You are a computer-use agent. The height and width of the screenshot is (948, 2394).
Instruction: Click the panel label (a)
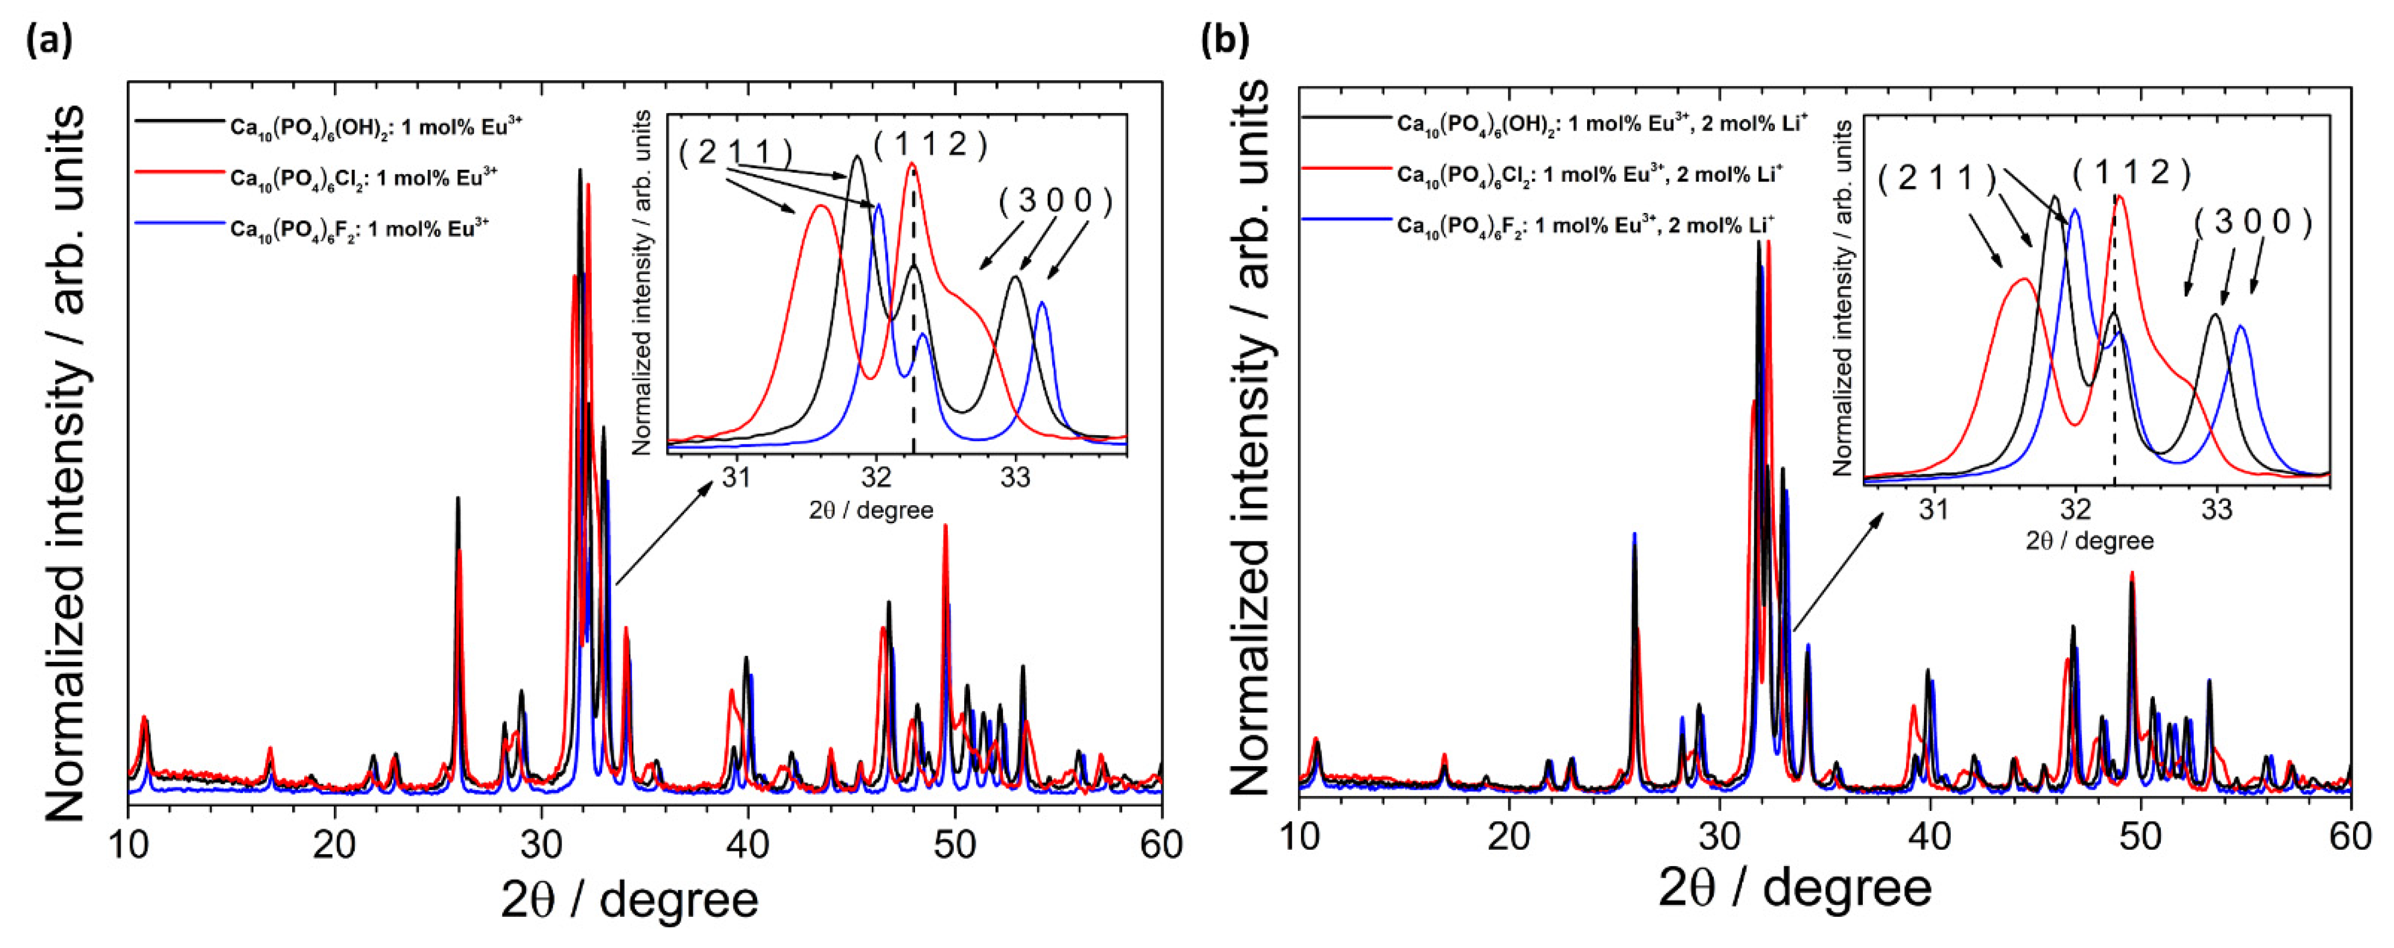tap(49, 41)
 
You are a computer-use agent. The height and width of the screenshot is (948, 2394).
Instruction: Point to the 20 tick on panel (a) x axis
tap(335, 844)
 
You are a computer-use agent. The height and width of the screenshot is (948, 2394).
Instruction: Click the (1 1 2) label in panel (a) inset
tap(929, 144)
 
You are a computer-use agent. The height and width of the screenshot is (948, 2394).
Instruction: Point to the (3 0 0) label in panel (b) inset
tap(2252, 222)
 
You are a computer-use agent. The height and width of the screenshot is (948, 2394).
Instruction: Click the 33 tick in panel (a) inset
tap(1016, 477)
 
